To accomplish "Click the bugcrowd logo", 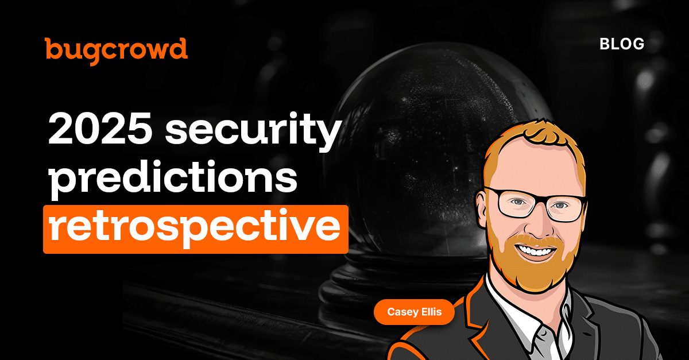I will (x=116, y=49).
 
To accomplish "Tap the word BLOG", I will (x=622, y=44).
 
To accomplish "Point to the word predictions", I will (x=172, y=180).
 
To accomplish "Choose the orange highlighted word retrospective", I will (x=195, y=229).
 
